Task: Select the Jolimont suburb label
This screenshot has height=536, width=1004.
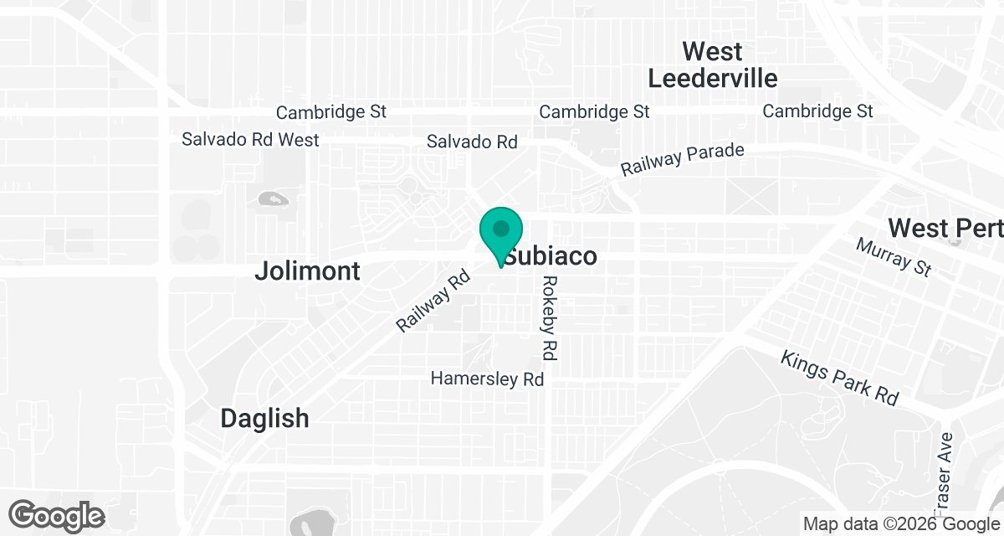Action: click(x=307, y=271)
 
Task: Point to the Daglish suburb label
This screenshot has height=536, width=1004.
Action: click(x=264, y=418)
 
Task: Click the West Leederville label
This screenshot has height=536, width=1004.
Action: click(x=713, y=64)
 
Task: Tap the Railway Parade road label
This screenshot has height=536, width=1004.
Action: click(x=682, y=159)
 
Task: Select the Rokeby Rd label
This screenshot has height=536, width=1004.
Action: click(x=549, y=318)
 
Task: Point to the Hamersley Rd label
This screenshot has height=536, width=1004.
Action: click(x=487, y=379)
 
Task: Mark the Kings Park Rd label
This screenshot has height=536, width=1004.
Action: click(x=838, y=378)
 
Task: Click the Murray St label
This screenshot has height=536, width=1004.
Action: click(x=893, y=256)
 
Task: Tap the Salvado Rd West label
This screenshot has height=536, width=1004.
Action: click(x=250, y=139)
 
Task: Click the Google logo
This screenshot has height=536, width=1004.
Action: click(x=57, y=514)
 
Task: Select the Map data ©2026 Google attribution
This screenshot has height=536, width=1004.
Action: click(x=902, y=523)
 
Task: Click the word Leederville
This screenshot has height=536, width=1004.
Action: click(x=713, y=78)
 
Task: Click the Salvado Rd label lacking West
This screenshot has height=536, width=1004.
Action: click(x=472, y=142)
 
